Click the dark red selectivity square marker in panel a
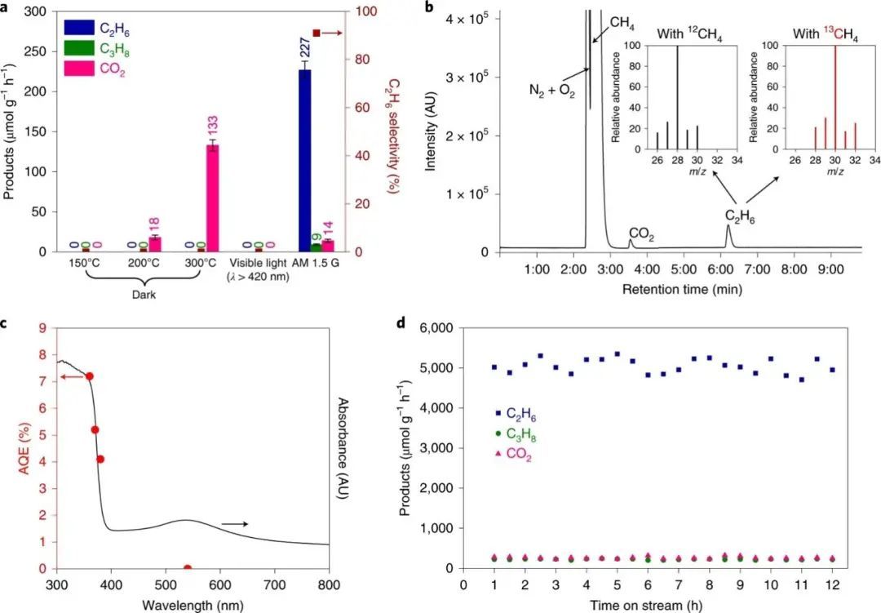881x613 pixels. click(x=316, y=33)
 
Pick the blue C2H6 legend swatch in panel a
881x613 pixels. click(x=79, y=29)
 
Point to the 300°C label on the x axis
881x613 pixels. click(x=201, y=264)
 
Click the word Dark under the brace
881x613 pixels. click(x=143, y=295)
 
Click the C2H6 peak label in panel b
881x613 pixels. click(x=741, y=216)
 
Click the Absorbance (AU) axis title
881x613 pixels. click(x=343, y=449)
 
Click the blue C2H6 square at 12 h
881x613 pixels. click(x=830, y=370)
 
